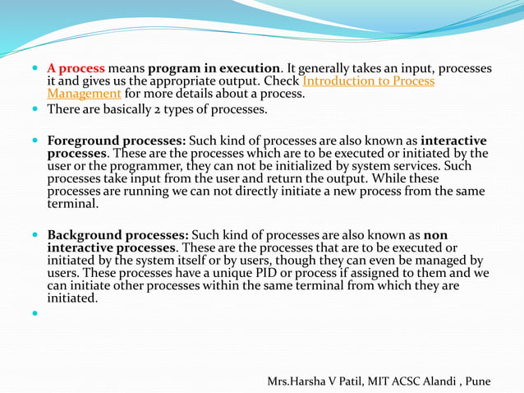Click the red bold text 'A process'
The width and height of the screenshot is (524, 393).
(76, 68)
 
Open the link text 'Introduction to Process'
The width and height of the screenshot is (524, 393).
(369, 81)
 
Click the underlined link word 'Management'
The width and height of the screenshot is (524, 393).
(84, 93)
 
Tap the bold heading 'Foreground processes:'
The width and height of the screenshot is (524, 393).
(116, 140)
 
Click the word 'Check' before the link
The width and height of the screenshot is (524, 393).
(281, 81)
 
